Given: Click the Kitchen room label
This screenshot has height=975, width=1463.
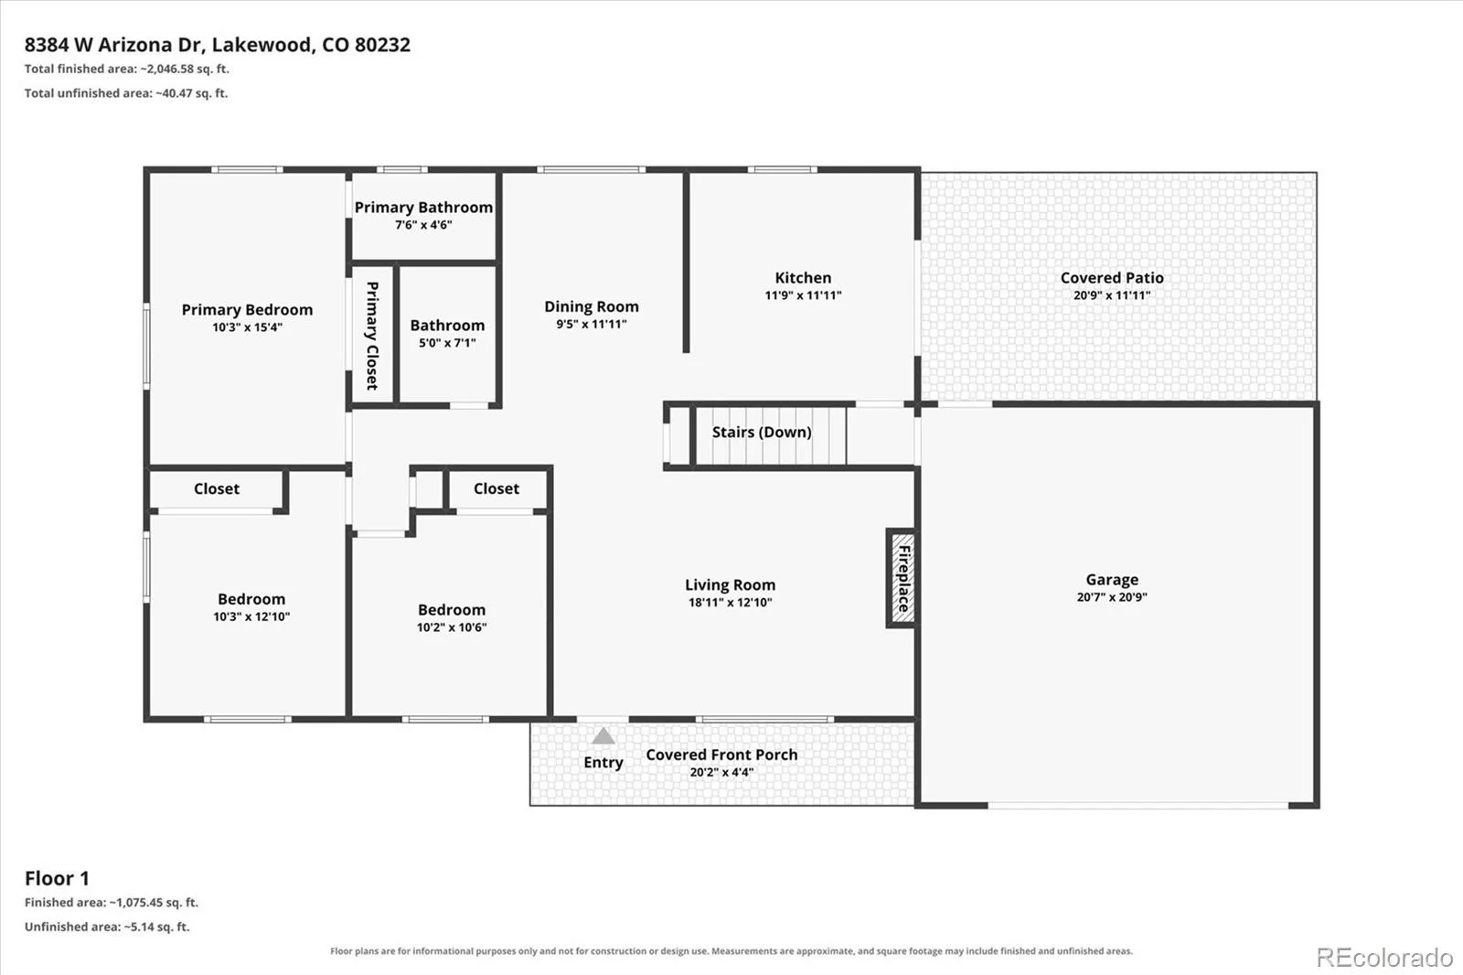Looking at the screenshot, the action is click(803, 278).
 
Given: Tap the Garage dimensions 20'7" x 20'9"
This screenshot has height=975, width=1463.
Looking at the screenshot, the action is click(1112, 596).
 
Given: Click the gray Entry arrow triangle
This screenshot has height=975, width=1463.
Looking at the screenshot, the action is click(603, 736).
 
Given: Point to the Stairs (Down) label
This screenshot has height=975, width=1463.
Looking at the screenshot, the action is click(762, 432).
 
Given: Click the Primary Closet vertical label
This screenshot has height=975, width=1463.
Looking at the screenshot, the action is click(372, 336).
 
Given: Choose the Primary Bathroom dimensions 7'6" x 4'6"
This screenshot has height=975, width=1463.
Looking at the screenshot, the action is click(423, 225).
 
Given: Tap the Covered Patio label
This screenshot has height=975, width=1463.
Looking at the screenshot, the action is click(1112, 278).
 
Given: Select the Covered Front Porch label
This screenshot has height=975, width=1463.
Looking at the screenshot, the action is click(721, 755).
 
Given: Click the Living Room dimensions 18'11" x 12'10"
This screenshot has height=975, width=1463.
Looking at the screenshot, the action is click(731, 603).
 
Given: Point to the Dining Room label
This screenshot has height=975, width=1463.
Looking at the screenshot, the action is click(592, 306).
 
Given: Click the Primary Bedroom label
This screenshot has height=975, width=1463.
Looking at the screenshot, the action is click(247, 310).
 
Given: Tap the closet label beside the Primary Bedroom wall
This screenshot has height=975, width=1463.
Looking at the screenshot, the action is click(216, 488).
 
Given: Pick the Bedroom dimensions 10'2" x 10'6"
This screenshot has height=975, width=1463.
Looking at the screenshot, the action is click(452, 627).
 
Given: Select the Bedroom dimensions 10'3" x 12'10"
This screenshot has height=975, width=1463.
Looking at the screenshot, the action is click(251, 616).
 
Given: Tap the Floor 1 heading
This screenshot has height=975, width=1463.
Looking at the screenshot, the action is click(57, 878).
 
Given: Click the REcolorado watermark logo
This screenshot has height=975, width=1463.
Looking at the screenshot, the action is click(1384, 958).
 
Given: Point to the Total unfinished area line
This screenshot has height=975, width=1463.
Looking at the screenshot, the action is click(126, 92).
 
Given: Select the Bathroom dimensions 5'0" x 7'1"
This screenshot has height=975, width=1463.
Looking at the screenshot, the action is click(447, 343).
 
